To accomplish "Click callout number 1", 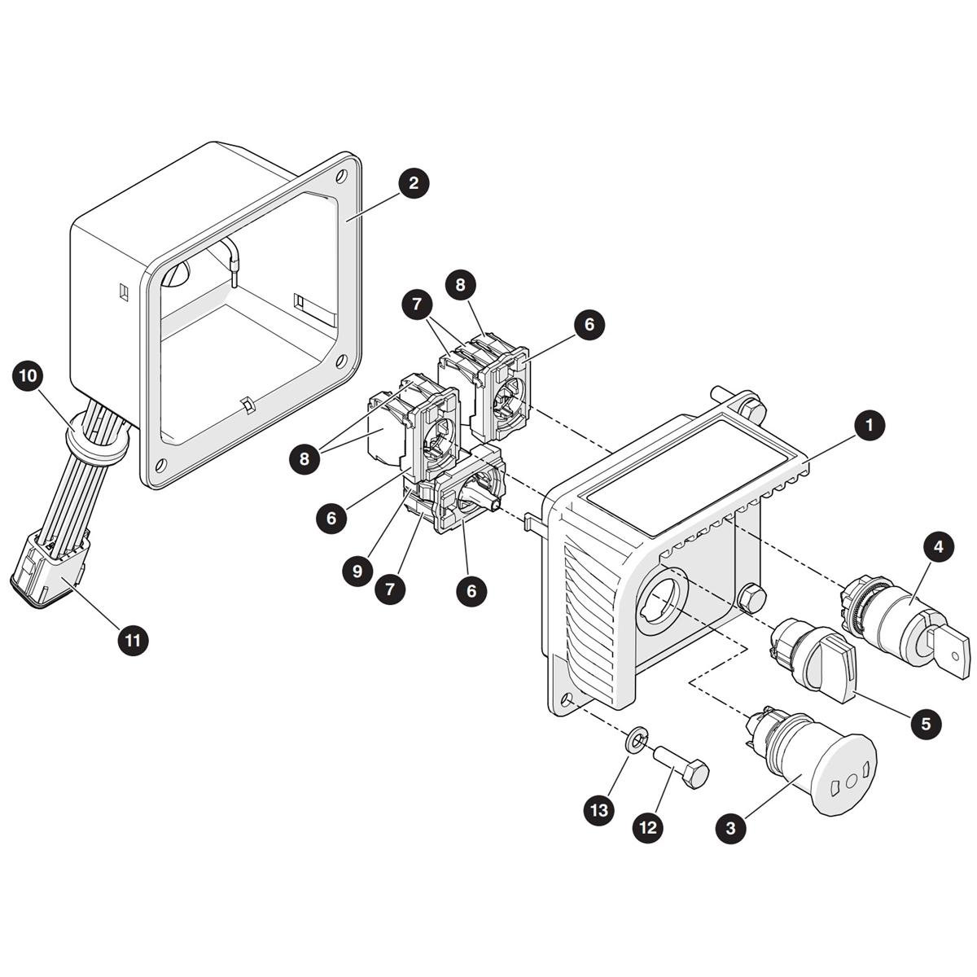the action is tap(870, 425).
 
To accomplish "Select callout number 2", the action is tap(414, 182).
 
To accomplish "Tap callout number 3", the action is tap(730, 828).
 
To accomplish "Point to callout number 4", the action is tap(939, 546).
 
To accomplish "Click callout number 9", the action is tap(357, 571).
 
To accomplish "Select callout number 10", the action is tap(28, 375).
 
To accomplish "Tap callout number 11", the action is tap(133, 641).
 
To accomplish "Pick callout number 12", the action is tap(648, 827).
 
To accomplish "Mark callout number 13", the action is tap(598, 809).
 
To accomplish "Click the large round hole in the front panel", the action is tap(660, 601).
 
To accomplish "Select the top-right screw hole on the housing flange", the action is tap(342, 177).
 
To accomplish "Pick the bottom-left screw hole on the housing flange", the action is tap(160, 464).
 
